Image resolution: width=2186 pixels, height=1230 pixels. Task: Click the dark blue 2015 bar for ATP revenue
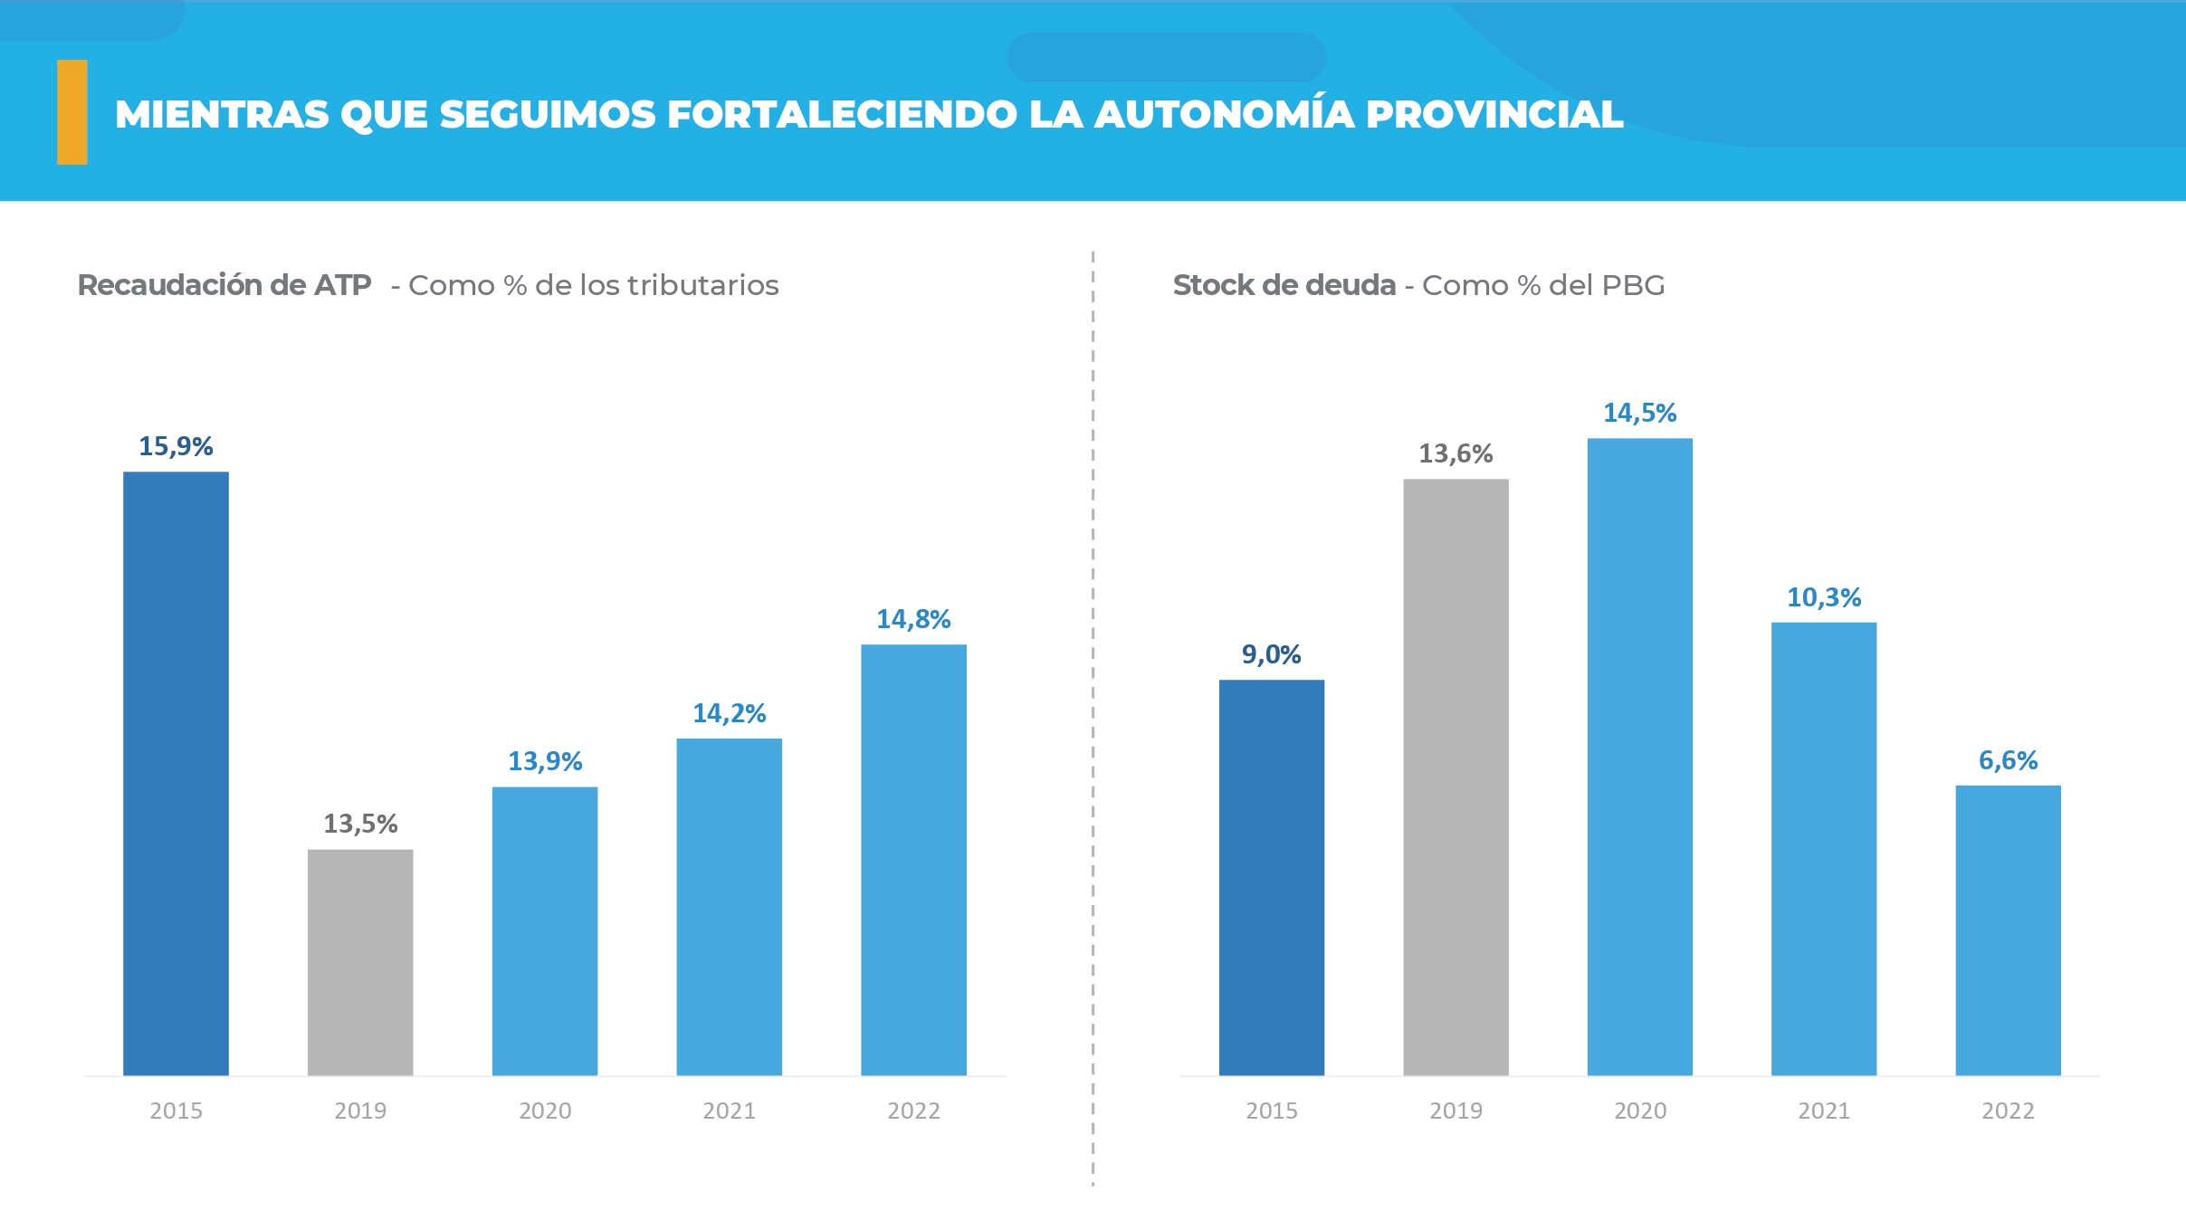point(176,773)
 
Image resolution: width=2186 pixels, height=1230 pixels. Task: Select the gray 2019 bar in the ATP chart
point(360,961)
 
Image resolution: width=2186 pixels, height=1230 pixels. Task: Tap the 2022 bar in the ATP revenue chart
point(913,859)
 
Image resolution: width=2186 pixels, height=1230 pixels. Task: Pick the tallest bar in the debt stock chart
point(1639,757)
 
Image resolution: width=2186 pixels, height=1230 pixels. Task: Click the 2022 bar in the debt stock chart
point(2008,930)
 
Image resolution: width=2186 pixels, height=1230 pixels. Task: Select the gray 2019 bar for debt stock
point(1456,777)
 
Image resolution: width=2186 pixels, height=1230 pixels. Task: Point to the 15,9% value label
point(176,446)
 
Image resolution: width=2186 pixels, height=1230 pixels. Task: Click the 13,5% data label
point(360,824)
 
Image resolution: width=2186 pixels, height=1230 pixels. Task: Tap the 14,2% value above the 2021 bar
point(729,713)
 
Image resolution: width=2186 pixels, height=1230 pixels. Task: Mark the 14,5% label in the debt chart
point(1639,413)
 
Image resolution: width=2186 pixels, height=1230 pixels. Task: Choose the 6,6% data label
point(2008,760)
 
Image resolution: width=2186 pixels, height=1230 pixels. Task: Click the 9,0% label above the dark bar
point(1271,654)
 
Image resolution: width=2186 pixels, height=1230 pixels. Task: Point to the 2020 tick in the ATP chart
point(545,1111)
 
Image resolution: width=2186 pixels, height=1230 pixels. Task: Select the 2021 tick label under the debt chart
point(1824,1111)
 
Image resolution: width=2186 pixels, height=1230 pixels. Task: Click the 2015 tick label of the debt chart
point(1271,1111)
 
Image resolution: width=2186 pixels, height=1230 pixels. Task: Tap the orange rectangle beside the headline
point(72,112)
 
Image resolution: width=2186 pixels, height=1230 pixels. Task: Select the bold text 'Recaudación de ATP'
point(224,285)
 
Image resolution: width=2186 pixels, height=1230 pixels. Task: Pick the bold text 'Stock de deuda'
point(1284,285)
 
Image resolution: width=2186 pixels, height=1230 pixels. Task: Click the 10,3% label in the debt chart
point(1824,597)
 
